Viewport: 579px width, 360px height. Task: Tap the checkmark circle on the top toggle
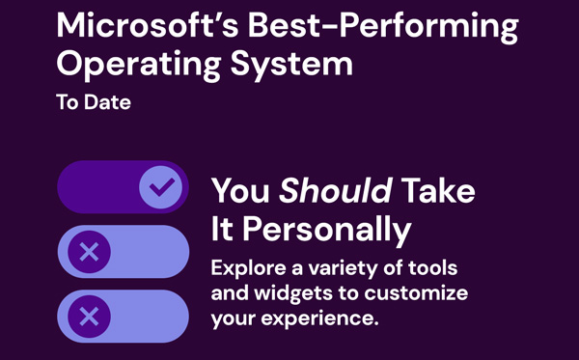click(x=160, y=186)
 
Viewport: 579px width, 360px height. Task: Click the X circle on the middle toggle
click(x=89, y=252)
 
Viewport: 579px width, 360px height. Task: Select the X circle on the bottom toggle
click(x=89, y=316)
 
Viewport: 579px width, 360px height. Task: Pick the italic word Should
click(x=335, y=190)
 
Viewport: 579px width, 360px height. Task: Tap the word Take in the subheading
click(x=439, y=190)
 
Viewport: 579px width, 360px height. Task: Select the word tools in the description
click(x=432, y=267)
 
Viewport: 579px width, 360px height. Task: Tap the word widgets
click(x=287, y=291)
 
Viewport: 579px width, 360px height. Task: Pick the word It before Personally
click(x=223, y=230)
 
